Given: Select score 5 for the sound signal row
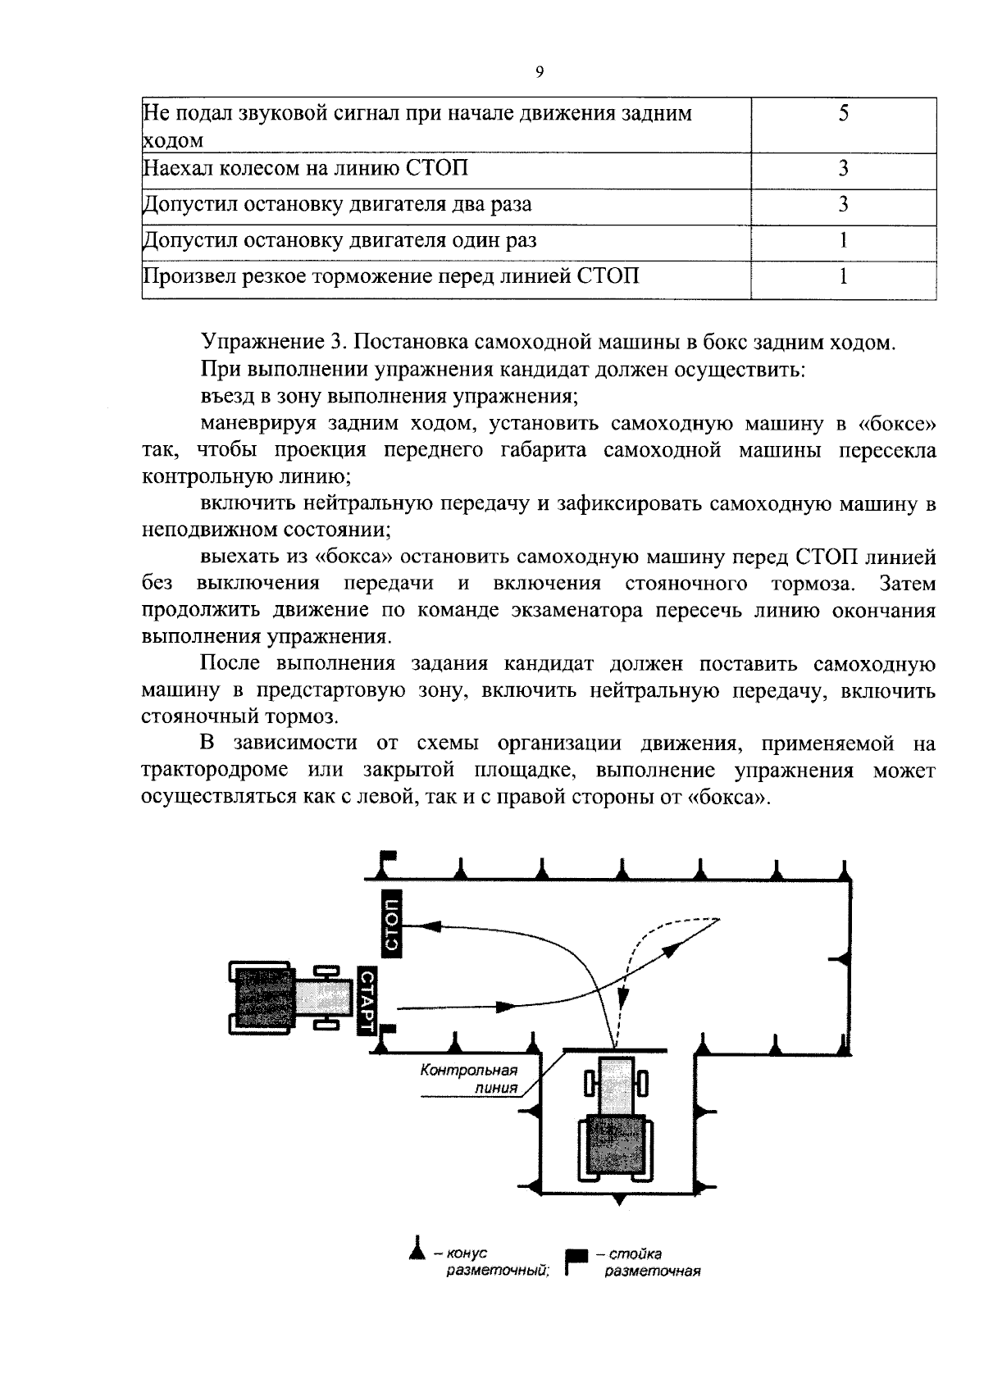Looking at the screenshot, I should click(x=843, y=114).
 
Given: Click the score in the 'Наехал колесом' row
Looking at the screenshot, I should click(x=843, y=169).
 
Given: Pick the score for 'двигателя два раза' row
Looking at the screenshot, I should click(x=843, y=205).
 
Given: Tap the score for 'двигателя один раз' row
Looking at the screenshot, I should click(x=843, y=240).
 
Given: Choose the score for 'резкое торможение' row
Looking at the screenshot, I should click(x=843, y=276).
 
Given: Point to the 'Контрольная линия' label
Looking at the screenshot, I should click(x=470, y=1079).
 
